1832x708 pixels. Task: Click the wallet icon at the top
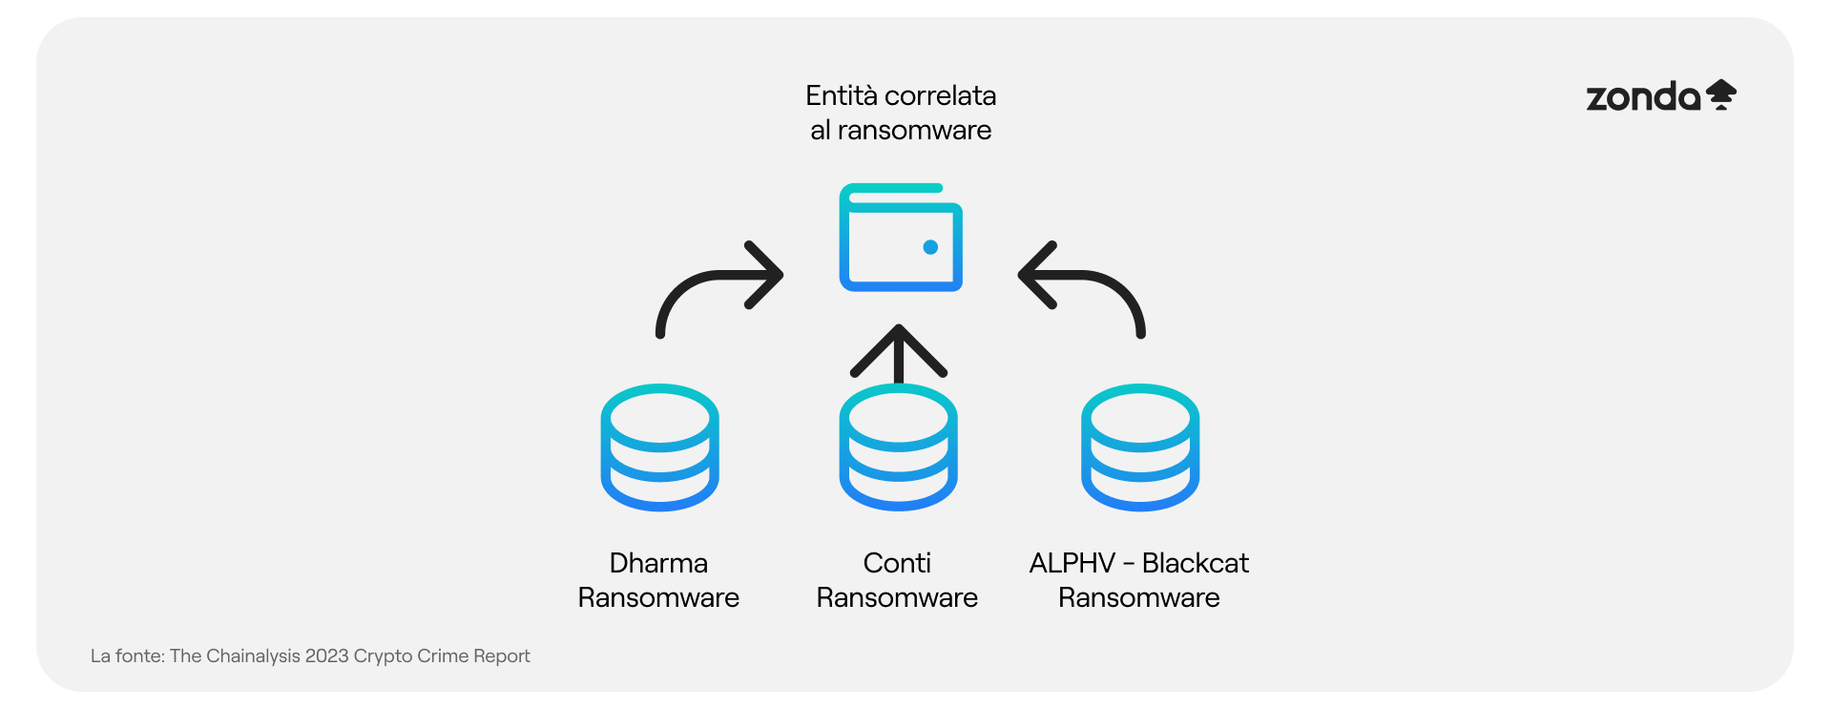[x=901, y=238]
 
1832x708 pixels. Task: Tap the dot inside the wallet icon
[x=930, y=247]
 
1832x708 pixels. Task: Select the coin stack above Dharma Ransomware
[x=659, y=448]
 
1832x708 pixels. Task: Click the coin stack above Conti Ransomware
[x=898, y=448]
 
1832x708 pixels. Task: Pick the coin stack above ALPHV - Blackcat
[x=1140, y=448]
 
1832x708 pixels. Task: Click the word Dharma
[x=658, y=563]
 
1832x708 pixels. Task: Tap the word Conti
[x=897, y=563]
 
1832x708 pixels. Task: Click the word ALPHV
[x=1072, y=563]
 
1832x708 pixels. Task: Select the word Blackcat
[x=1195, y=563]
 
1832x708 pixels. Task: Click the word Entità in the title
[x=841, y=95]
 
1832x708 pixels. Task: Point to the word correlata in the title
[x=941, y=95]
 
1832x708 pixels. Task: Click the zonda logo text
[x=1643, y=97]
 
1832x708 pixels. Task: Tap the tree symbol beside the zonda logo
[x=1721, y=94]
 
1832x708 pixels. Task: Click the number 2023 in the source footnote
[x=326, y=656]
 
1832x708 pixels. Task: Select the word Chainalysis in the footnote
[x=253, y=656]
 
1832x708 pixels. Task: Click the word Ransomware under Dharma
[x=658, y=597]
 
